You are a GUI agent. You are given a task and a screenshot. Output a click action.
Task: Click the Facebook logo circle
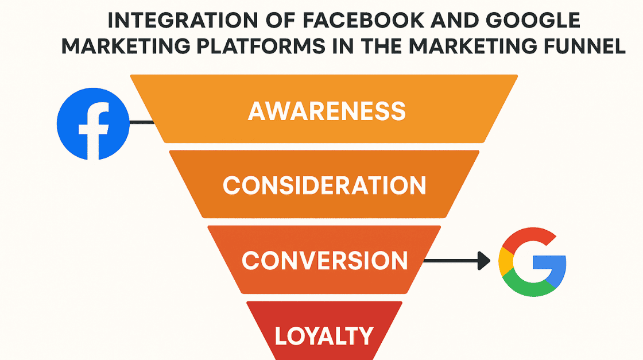click(93, 123)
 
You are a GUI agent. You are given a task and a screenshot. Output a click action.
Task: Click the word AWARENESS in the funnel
click(327, 111)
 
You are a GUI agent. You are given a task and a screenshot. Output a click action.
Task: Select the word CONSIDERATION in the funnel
click(324, 185)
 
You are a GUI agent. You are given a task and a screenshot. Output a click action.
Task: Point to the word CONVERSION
click(324, 261)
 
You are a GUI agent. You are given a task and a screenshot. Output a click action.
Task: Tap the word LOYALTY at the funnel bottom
click(324, 335)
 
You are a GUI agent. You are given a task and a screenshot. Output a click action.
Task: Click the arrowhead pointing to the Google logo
click(484, 262)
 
